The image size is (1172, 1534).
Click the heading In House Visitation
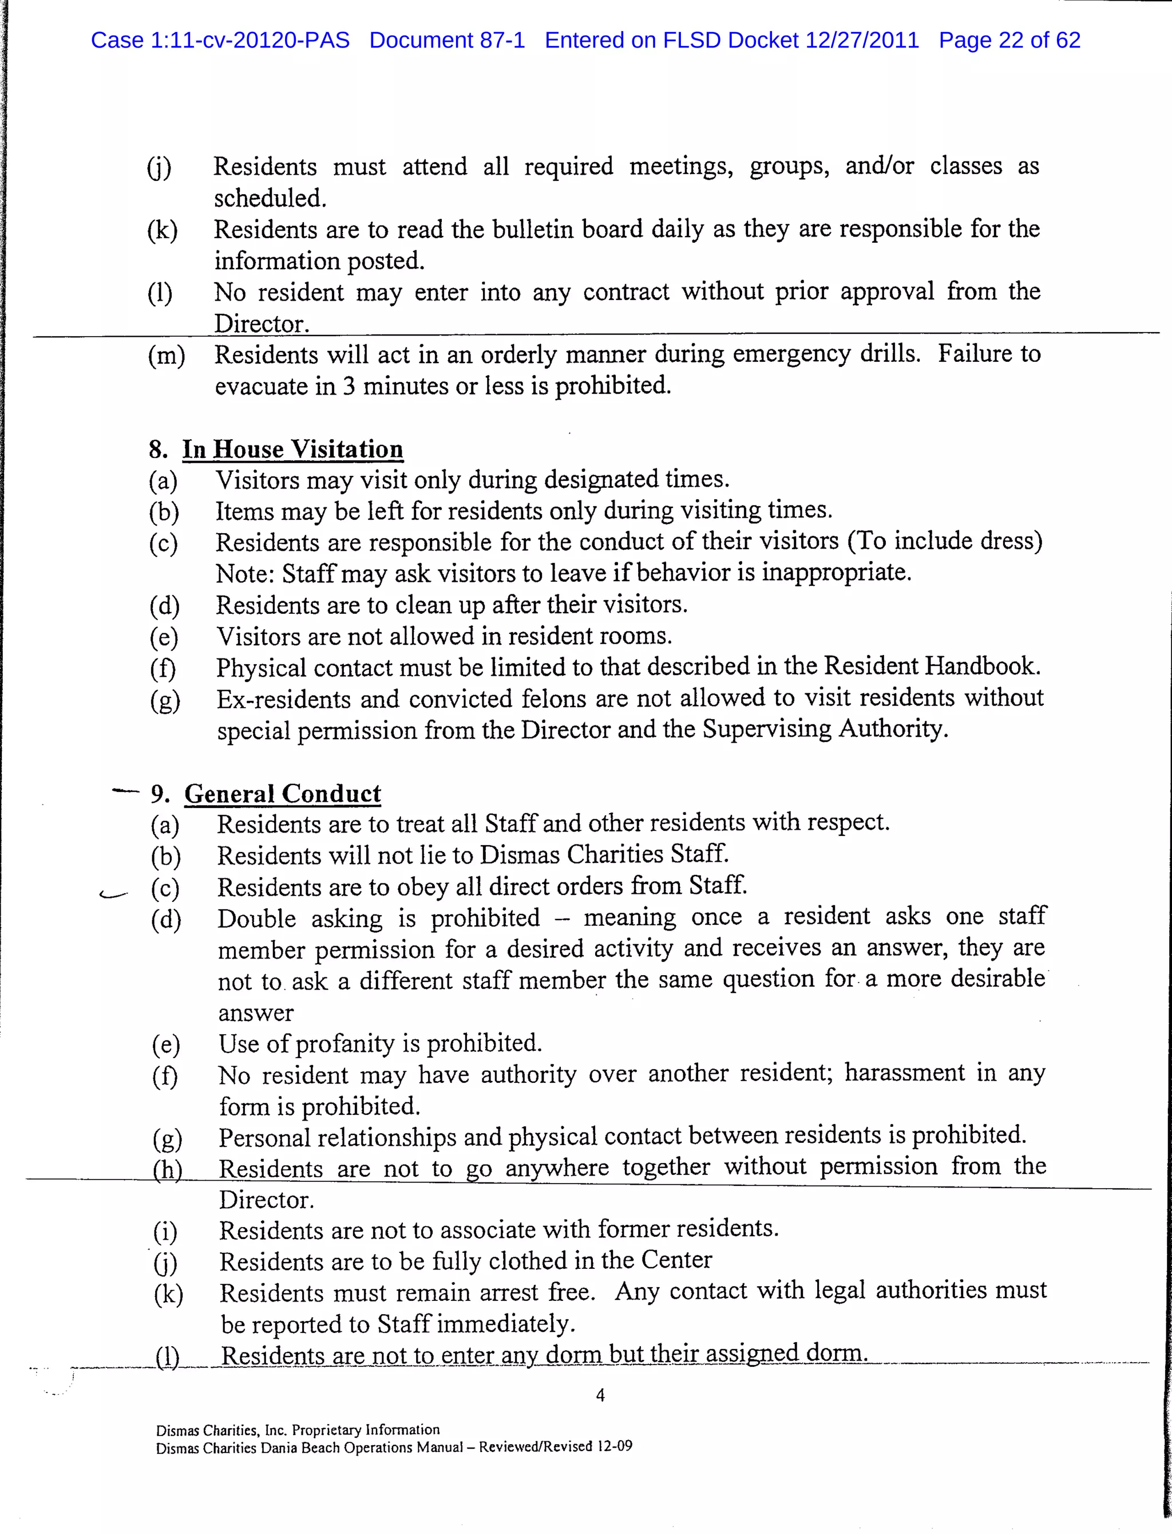tap(292, 449)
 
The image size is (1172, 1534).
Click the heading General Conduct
tap(283, 794)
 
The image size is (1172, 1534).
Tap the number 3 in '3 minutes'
tap(348, 386)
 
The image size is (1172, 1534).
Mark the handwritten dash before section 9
tap(125, 791)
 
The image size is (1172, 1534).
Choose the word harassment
tap(905, 1072)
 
